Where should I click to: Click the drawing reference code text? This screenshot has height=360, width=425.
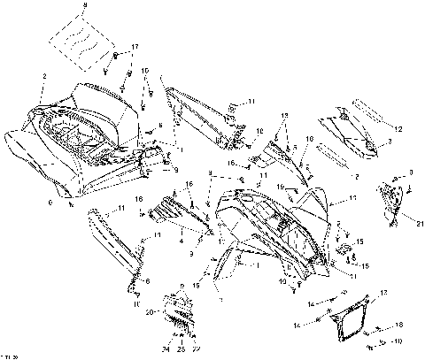click(11, 353)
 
